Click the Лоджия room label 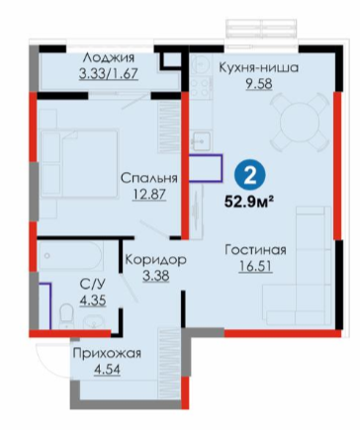109,58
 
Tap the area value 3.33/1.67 109,73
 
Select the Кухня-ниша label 259,67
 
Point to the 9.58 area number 258,84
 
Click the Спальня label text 149,178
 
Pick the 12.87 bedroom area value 149,195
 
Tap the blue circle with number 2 249,178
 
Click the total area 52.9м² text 249,202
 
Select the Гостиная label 255,250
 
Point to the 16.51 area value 255,266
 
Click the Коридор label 155,260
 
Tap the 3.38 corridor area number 155,276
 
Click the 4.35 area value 93,301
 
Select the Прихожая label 107,354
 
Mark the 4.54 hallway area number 107,369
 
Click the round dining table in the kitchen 300,123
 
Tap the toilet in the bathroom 67,315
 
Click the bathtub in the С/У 70,256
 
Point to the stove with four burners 201,87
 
